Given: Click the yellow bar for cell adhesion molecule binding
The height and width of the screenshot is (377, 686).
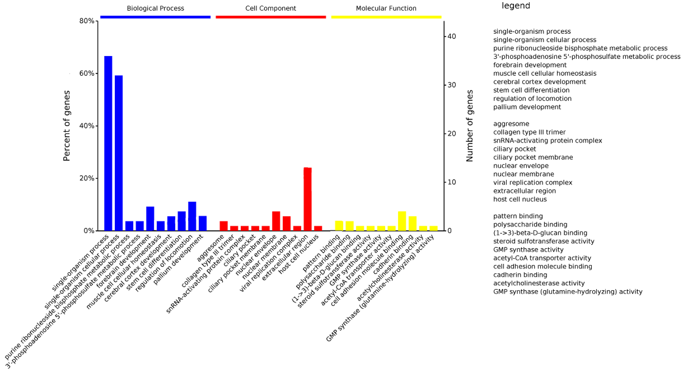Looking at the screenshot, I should pyautogui.click(x=402, y=221).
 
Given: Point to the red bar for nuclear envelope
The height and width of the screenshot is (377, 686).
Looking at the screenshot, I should pyautogui.click(x=276, y=221).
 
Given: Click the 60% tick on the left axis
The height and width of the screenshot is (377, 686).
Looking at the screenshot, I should pyautogui.click(x=87, y=74).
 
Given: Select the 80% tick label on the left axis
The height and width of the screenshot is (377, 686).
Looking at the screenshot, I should pyautogui.click(x=87, y=21).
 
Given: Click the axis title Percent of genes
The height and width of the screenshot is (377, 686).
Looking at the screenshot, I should pyautogui.click(x=67, y=126).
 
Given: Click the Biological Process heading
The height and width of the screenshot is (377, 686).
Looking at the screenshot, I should pyautogui.click(x=155, y=8).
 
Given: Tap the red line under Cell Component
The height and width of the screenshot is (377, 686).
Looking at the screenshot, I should pyautogui.click(x=271, y=17).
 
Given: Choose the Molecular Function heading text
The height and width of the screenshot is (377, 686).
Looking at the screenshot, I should pyautogui.click(x=386, y=8).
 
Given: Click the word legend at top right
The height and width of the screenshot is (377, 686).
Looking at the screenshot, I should pyautogui.click(x=516, y=6).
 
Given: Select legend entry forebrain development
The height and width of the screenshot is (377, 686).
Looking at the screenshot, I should pyautogui.click(x=530, y=65).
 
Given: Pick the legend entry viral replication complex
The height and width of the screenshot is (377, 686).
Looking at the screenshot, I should pyautogui.click(x=533, y=183).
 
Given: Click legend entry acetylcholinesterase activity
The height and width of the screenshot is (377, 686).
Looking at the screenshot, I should pyautogui.click(x=539, y=283).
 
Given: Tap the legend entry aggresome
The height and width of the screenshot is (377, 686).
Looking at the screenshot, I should pyautogui.click(x=511, y=124).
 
